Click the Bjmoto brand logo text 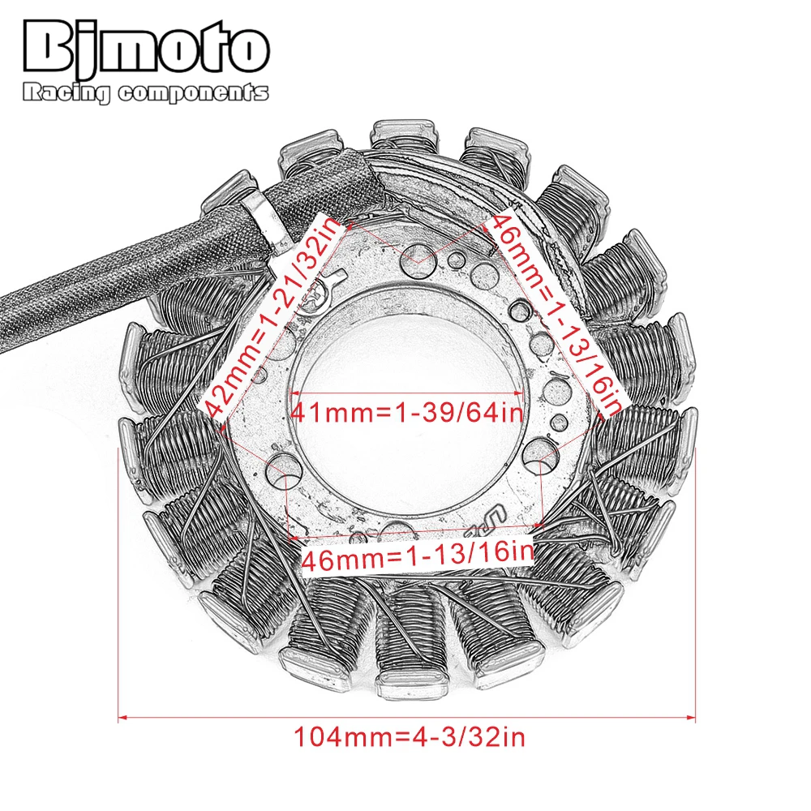tap(146, 50)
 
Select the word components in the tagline tap(194, 93)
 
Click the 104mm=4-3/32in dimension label tap(409, 736)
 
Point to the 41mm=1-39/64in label tap(406, 412)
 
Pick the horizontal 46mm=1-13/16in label tap(417, 554)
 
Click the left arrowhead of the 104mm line tap(123, 718)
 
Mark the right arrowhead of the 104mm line tap(691, 718)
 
